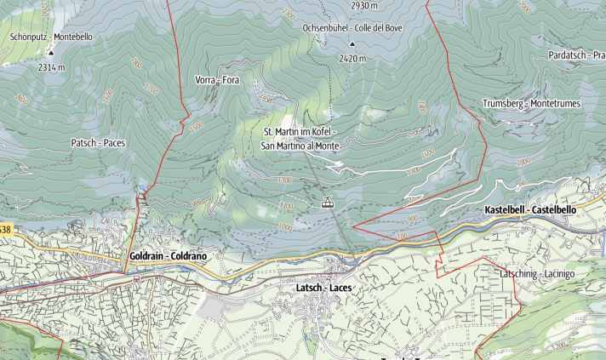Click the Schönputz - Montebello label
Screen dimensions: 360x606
point(51,37)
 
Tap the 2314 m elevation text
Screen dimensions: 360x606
point(50,66)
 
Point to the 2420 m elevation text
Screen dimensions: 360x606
point(352,59)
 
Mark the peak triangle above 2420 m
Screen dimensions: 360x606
point(352,43)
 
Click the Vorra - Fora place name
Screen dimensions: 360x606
point(217,80)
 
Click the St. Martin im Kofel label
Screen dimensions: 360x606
point(300,133)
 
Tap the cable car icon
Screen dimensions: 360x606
point(325,203)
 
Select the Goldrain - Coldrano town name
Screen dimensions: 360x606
point(169,255)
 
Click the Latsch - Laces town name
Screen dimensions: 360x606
point(323,288)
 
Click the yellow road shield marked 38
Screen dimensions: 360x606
point(5,230)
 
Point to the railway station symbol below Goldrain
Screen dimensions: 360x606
point(135,277)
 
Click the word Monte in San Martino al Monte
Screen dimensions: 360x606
point(327,146)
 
